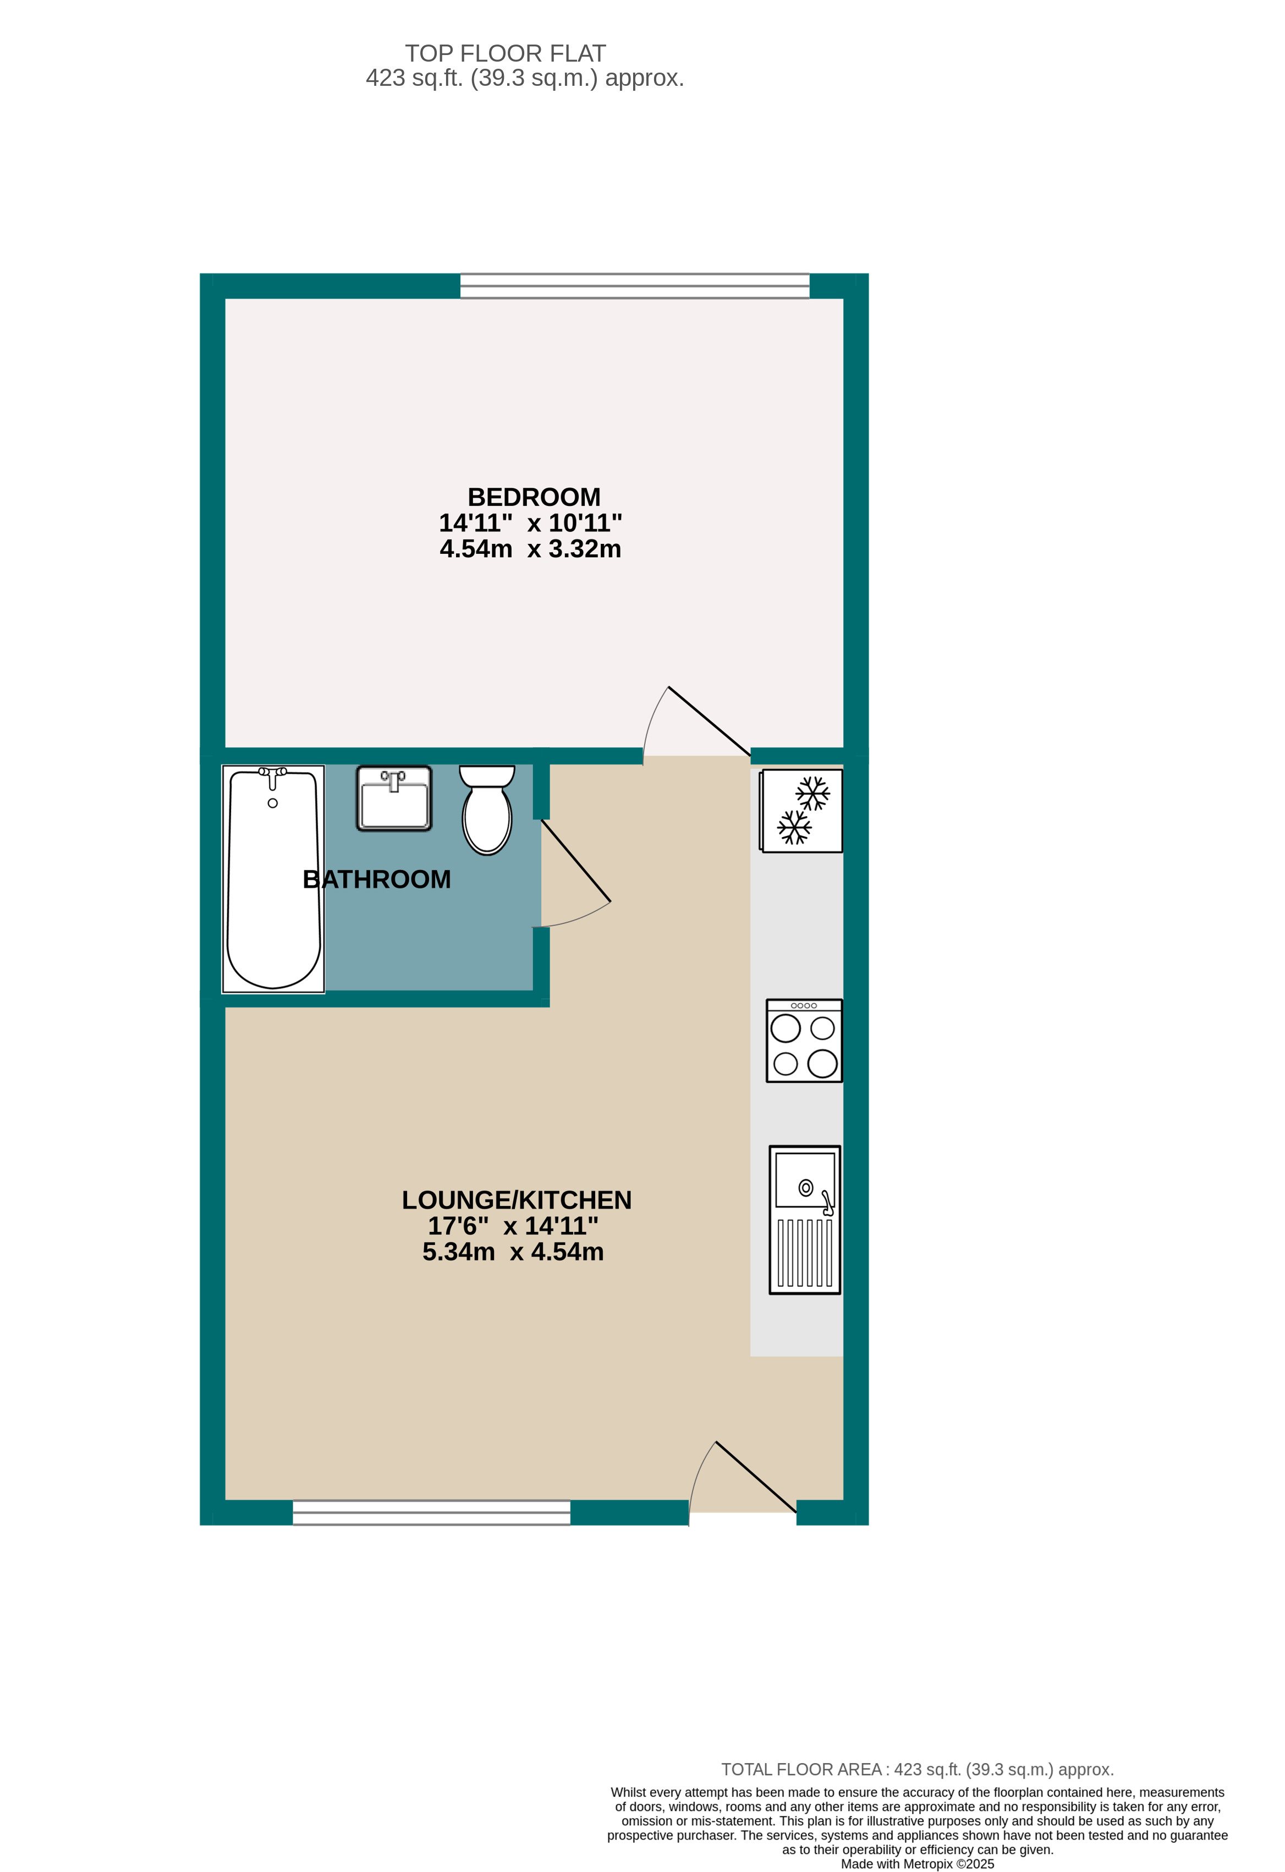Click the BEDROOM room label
click(x=534, y=497)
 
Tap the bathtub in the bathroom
click(x=273, y=894)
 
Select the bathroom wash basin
click(x=394, y=799)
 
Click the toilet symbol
click(x=487, y=810)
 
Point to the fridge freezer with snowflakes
click(x=801, y=811)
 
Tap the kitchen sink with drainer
click(x=804, y=1220)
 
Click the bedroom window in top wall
click(x=634, y=286)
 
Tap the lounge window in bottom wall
click(x=431, y=1513)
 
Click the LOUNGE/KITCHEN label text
click(x=517, y=1200)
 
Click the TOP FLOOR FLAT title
click(x=504, y=53)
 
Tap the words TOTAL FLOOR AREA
click(x=801, y=1769)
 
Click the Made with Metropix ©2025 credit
click(x=917, y=1863)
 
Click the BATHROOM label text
click(x=376, y=879)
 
